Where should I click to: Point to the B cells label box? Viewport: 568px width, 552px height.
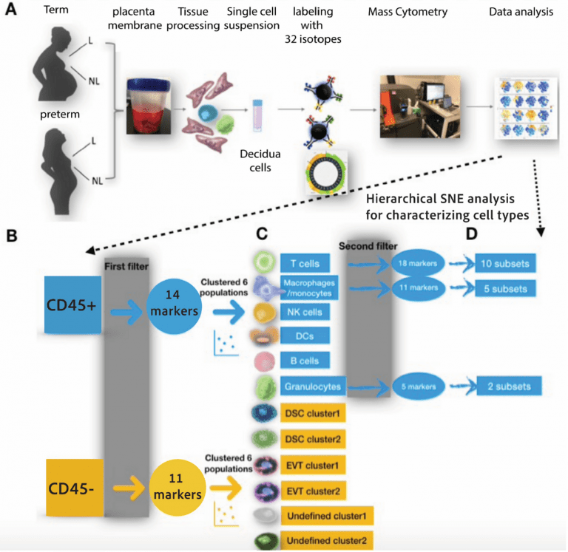[306, 361]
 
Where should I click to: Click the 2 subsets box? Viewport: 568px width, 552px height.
[504, 386]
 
